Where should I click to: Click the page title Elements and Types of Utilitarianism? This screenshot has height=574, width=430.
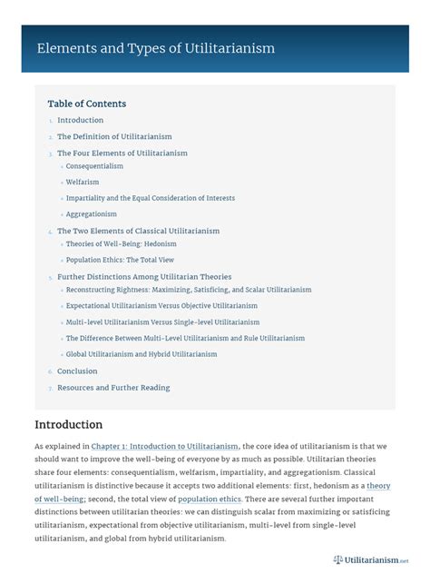[x=155, y=48]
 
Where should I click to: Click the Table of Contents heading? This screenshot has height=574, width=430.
[x=87, y=104]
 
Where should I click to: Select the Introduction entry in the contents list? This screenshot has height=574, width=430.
[x=80, y=120]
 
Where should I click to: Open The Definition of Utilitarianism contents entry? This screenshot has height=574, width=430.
[x=114, y=136]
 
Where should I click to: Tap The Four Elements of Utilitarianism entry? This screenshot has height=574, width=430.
[x=122, y=153]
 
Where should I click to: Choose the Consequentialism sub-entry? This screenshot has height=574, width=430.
[x=94, y=166]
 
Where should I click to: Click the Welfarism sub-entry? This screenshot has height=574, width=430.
[x=83, y=182]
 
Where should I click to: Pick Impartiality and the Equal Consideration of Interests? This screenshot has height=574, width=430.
[x=150, y=198]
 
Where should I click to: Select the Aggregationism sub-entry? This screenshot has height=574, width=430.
[x=91, y=213]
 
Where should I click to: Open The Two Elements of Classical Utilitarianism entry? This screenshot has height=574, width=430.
[x=138, y=231]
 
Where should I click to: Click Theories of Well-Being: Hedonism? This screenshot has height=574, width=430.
[x=121, y=243]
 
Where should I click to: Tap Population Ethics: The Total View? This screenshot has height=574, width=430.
[x=121, y=260]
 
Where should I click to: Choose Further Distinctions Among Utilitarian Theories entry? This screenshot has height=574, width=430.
[x=144, y=276]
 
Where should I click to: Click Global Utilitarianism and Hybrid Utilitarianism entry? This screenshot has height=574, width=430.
[x=141, y=353]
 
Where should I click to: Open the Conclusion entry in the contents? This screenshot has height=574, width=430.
[x=77, y=371]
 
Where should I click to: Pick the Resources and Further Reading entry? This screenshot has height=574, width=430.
[x=113, y=388]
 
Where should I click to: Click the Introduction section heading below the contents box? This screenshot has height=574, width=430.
[x=68, y=424]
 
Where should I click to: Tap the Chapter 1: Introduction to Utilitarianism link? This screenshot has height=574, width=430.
[x=165, y=446]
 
